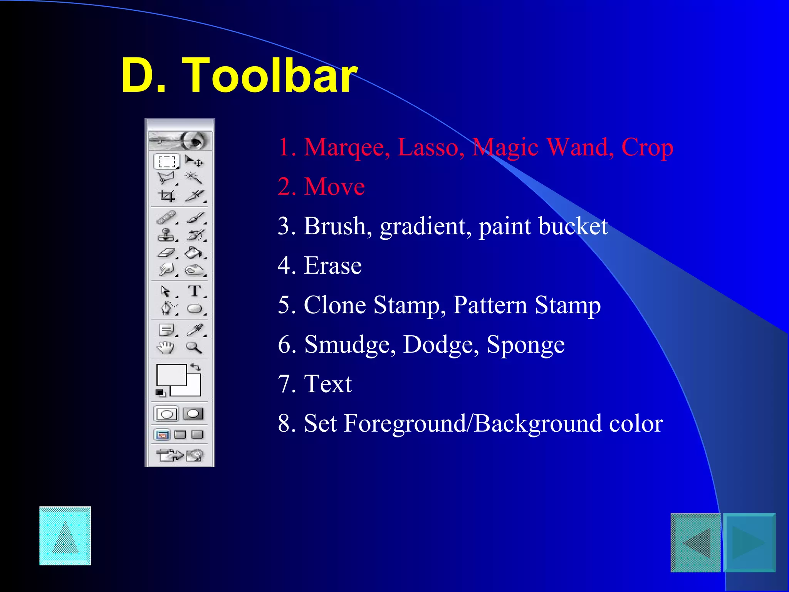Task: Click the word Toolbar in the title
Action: point(270,75)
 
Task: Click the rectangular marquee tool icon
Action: point(166,161)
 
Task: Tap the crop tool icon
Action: point(166,196)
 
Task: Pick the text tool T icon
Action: point(195,291)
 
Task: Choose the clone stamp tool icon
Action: point(166,235)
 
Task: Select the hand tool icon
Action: point(166,347)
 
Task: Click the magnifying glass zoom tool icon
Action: point(194,347)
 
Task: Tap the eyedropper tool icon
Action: point(195,330)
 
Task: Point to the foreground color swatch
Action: point(171,375)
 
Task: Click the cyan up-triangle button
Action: point(65,536)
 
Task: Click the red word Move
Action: point(334,187)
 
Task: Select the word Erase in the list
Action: point(333,266)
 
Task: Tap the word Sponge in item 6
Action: point(525,345)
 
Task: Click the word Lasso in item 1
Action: point(431,147)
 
